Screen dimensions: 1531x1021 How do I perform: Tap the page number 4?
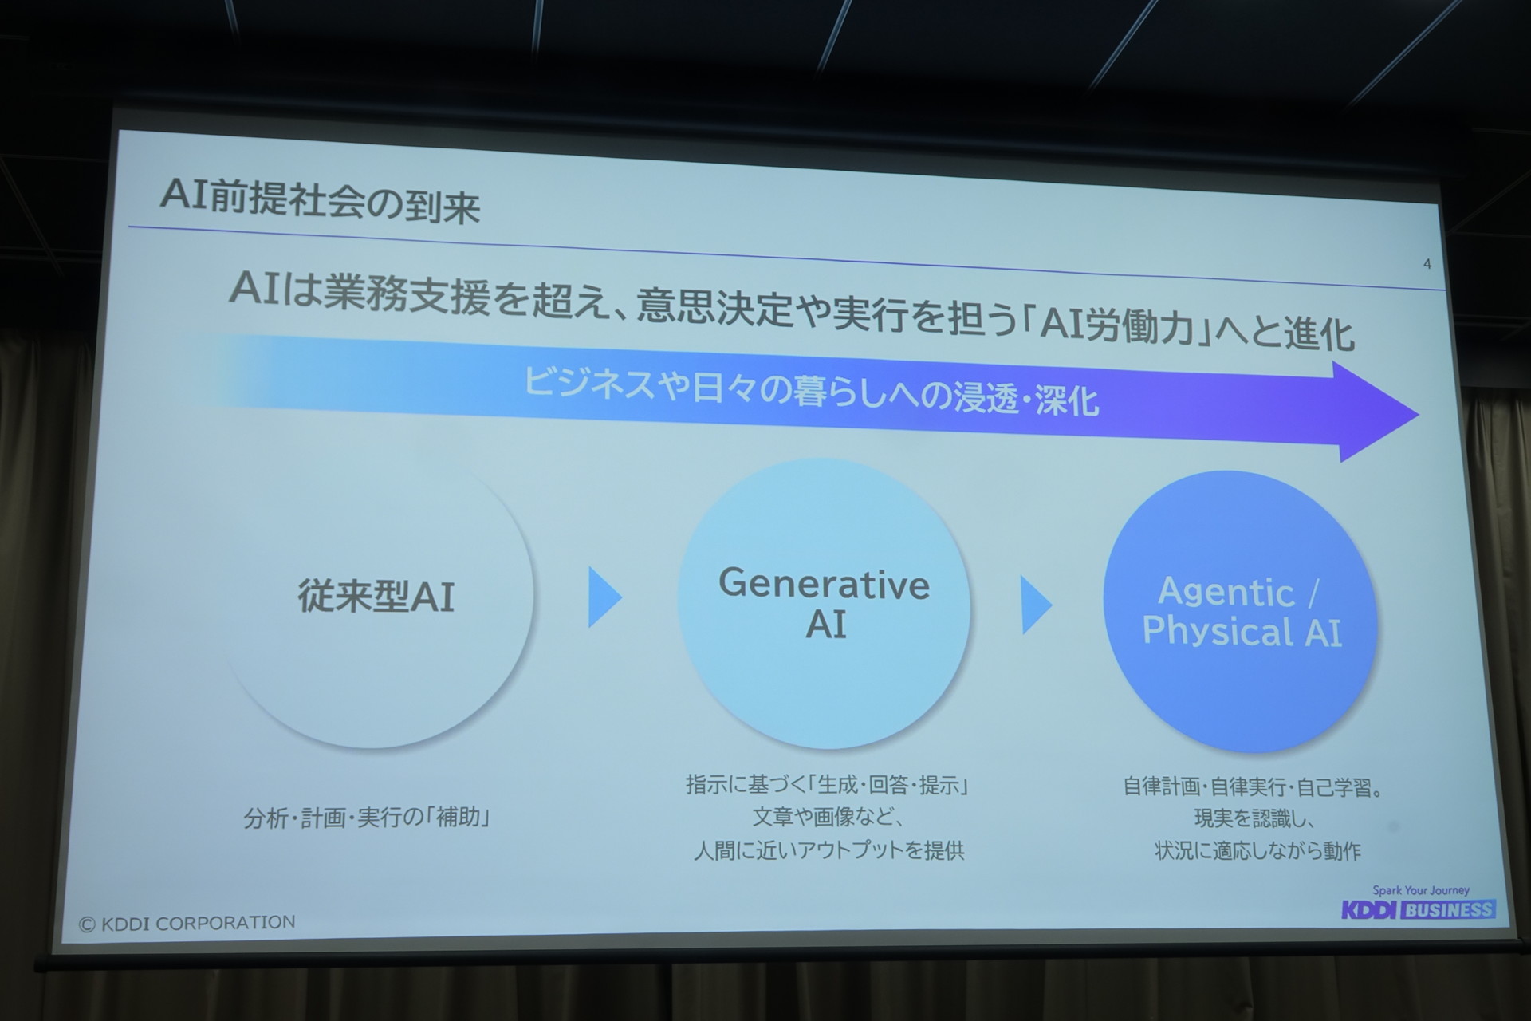1427,264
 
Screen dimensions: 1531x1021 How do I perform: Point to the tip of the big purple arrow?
1419,415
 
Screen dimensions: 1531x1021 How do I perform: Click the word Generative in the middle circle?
824,584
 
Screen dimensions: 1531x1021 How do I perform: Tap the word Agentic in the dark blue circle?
1226,592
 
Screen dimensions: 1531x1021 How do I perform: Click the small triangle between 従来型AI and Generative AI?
604,597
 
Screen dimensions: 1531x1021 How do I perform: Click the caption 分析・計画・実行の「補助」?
366,818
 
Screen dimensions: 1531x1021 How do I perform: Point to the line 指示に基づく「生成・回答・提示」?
827,786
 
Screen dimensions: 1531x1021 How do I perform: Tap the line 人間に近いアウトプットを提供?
829,850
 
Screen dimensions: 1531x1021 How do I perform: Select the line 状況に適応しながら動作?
1257,851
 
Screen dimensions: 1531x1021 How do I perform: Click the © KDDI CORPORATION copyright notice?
187,923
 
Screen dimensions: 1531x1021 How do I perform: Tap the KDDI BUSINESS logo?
1418,909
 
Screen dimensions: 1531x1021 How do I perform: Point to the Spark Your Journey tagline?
1420,890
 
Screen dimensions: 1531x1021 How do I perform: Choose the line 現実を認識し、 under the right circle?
1254,819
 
